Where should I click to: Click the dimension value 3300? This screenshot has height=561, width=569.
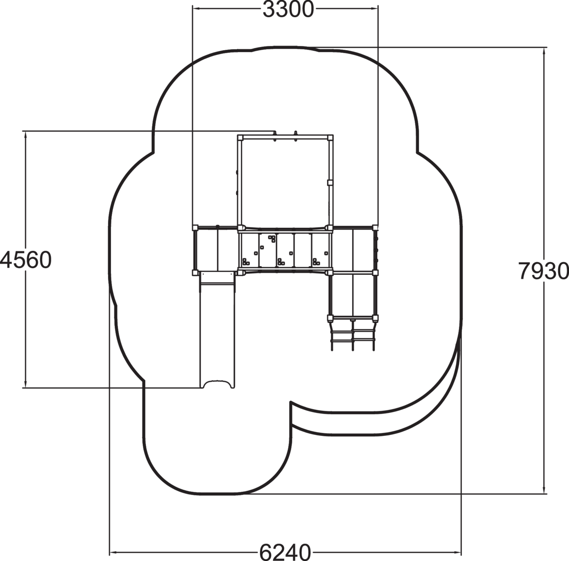[288, 9]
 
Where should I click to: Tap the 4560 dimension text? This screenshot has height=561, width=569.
[26, 260]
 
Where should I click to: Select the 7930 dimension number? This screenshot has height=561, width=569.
[543, 271]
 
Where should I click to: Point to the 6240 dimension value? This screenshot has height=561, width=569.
[285, 551]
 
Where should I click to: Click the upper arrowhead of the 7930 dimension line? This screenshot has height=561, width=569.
[544, 52]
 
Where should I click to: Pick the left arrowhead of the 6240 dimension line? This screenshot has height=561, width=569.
[114, 552]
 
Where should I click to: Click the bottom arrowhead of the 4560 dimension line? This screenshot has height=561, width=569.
[26, 383]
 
